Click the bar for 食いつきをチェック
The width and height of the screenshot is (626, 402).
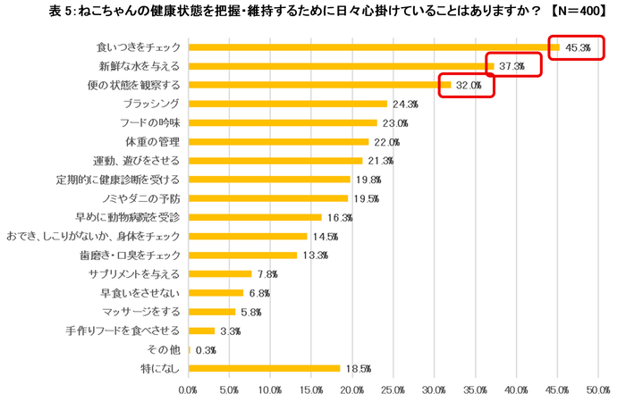pyautogui.click(x=374, y=47)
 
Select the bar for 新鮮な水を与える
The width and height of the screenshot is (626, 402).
pyautogui.click(x=341, y=66)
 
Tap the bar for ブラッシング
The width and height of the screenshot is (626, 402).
pyautogui.click(x=288, y=104)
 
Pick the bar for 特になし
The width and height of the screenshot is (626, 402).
pyautogui.click(x=265, y=367)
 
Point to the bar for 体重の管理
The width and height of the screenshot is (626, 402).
pyautogui.click(x=278, y=141)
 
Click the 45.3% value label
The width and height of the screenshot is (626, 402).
pyautogui.click(x=578, y=47)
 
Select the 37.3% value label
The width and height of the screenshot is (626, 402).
pyautogui.click(x=512, y=66)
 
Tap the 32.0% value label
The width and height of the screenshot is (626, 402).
pyautogui.click(x=469, y=86)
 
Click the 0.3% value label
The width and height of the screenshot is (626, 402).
pyautogui.click(x=205, y=348)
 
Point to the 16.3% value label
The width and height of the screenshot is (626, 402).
pyautogui.click(x=340, y=217)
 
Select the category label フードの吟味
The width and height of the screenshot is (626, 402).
pyautogui.click(x=150, y=122)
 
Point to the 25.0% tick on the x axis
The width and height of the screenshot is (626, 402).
pyautogui.click(x=393, y=389)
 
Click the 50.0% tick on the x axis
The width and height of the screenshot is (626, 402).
pyautogui.click(x=597, y=389)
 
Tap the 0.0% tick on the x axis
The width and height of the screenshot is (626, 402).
pyautogui.click(x=189, y=389)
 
